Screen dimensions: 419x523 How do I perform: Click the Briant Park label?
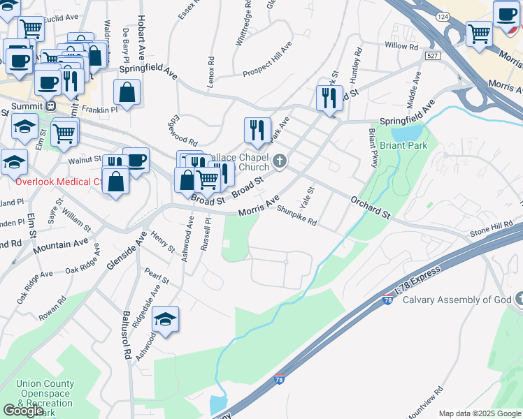(402, 147)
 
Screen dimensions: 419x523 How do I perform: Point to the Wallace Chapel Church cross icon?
(280, 162)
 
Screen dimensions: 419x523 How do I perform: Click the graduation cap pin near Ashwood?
(166, 320)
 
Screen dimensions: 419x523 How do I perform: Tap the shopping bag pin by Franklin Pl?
(127, 92)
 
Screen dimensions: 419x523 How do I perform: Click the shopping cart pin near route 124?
(480, 33)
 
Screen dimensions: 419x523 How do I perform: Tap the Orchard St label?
(370, 207)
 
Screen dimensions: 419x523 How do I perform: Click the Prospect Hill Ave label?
(267, 61)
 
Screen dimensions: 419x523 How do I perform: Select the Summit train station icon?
(50, 105)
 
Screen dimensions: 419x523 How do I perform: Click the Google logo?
(24, 410)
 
